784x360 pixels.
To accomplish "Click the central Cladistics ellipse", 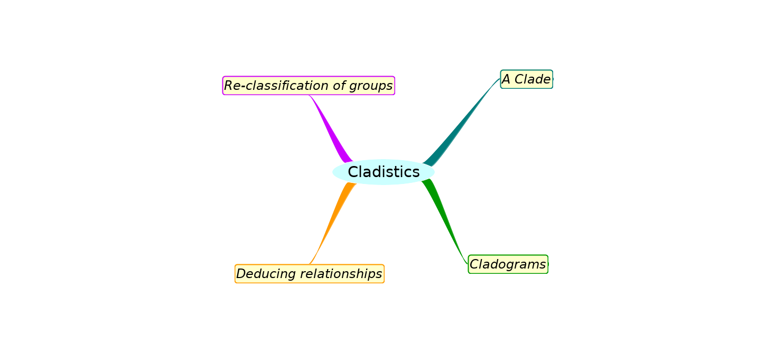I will coord(383,172).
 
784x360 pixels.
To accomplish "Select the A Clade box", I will coord(526,79).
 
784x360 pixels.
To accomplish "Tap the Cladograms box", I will coord(508,264).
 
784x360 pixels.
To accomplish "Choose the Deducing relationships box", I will coord(309,274).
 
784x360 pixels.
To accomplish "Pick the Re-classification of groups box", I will coord(309,86).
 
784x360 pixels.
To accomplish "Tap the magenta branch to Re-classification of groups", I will coord(330,130).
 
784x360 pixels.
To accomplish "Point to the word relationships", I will coord(334,274).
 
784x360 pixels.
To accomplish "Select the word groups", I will coord(374,86).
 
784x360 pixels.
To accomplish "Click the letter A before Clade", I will coord(506,79).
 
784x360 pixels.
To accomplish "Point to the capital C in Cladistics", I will coord(353,172).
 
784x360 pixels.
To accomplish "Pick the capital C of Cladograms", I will coord(474,264).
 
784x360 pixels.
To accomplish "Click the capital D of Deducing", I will coord(241,274).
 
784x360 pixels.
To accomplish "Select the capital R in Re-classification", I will coord(229,86).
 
